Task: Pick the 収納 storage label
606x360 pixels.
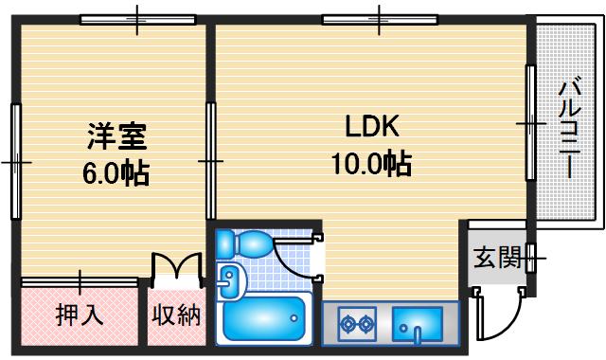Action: pos(176,315)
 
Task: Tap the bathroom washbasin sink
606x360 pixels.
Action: pos(230,279)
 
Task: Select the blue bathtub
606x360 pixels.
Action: pos(266,319)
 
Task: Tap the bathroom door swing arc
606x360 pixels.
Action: pos(299,256)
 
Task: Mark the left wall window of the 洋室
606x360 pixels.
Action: pos(16,161)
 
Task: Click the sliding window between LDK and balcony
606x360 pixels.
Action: pos(530,123)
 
